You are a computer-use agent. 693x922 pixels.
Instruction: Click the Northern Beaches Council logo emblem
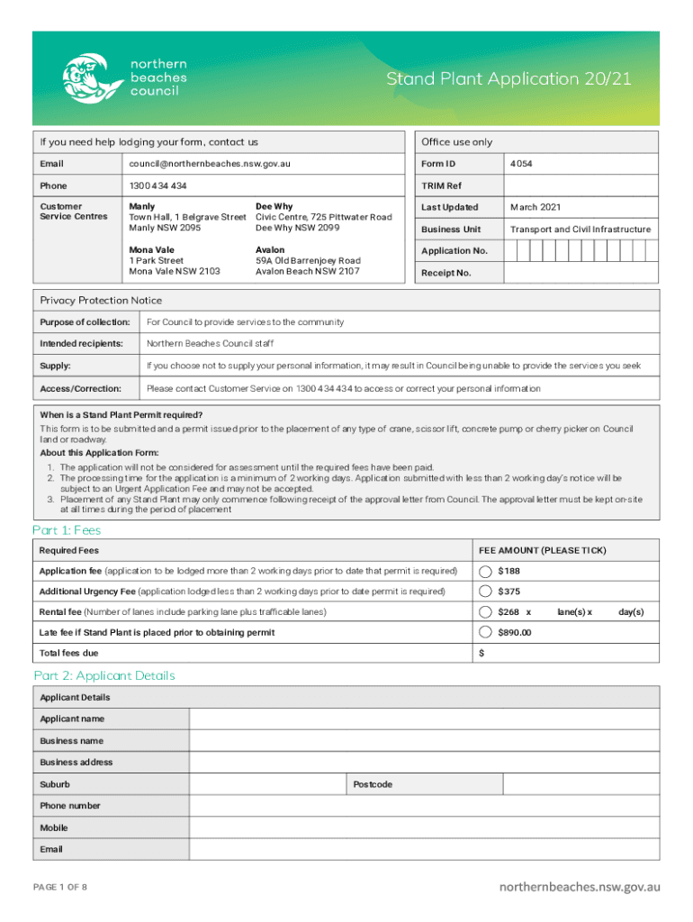tap(92, 78)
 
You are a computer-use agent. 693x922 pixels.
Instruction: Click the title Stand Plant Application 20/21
tap(508, 79)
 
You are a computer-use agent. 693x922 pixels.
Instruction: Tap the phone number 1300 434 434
tap(158, 185)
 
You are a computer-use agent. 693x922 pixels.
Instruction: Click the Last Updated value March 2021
tap(536, 207)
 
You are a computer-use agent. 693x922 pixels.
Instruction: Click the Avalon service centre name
tap(270, 249)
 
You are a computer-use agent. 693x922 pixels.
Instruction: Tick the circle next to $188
tap(486, 571)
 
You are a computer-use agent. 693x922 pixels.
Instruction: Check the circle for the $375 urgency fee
tap(486, 592)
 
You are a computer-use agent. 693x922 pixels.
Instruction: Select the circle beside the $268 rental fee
tap(486, 612)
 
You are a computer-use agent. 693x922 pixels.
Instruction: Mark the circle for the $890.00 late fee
tap(486, 632)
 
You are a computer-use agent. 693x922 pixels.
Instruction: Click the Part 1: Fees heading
tap(67, 530)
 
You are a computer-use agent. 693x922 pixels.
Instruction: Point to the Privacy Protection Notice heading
tap(101, 300)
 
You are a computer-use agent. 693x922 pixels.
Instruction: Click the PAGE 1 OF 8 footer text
tap(60, 887)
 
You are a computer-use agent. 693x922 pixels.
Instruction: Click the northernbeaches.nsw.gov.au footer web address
tap(580, 887)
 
